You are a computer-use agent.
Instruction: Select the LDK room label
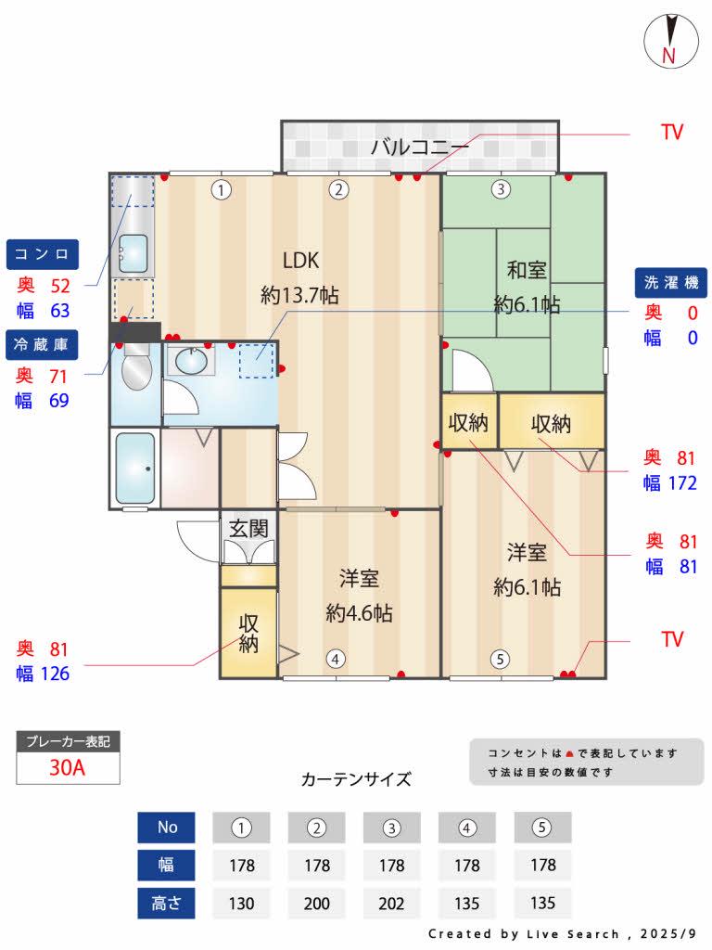click(300, 259)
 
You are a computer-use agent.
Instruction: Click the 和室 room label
click(526, 270)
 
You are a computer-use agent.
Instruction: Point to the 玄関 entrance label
click(248, 529)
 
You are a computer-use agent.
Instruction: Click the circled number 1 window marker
click(221, 190)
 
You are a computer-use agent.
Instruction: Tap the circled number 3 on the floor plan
click(501, 190)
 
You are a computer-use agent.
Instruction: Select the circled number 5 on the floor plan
click(500, 660)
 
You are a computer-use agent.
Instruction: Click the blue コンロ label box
click(43, 253)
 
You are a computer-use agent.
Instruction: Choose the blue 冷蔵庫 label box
click(43, 344)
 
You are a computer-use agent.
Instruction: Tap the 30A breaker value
click(68, 768)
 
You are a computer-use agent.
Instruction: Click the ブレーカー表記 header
click(68, 741)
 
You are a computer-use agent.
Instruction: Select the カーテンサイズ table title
click(356, 779)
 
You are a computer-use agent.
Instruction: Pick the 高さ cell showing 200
click(317, 904)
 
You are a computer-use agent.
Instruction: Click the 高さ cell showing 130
click(242, 904)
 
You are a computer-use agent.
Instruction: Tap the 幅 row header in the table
click(166, 866)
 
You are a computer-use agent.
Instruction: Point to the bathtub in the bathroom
click(135, 468)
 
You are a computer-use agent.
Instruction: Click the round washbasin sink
click(192, 362)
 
